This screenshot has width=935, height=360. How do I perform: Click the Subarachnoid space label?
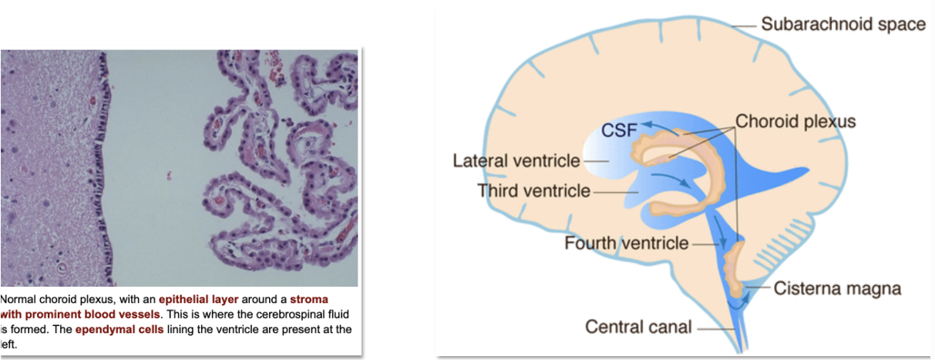(843, 24)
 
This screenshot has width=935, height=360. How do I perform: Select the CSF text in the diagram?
(618, 130)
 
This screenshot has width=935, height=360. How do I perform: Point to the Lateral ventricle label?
(516, 161)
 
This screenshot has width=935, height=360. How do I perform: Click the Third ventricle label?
(534, 190)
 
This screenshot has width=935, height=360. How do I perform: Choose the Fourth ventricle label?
(626, 244)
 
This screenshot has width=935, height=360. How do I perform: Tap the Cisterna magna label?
(837, 289)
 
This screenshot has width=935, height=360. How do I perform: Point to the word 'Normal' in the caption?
(18, 299)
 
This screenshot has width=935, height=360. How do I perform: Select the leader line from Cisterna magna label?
(758, 289)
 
